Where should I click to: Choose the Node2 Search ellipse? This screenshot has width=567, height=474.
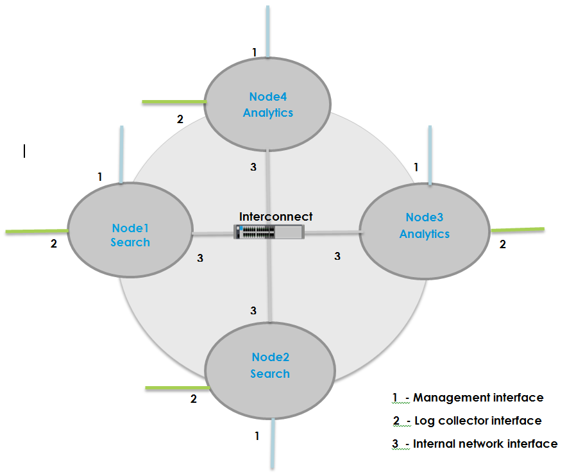(x=269, y=366)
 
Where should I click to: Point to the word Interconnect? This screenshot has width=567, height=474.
(x=276, y=217)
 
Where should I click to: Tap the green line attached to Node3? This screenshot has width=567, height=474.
(x=517, y=229)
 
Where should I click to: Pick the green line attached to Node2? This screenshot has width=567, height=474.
(x=177, y=388)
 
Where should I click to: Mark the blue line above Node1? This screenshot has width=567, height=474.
(x=121, y=155)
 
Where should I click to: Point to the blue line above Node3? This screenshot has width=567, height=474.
(x=430, y=155)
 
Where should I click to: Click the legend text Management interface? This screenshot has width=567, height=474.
(x=478, y=398)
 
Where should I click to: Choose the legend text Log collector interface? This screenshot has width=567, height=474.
(x=478, y=421)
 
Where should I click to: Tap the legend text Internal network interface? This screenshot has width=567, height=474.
(x=485, y=443)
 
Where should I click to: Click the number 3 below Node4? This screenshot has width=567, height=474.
(x=253, y=167)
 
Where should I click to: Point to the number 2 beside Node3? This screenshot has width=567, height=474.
(x=502, y=244)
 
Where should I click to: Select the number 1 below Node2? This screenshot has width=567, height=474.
(x=257, y=436)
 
